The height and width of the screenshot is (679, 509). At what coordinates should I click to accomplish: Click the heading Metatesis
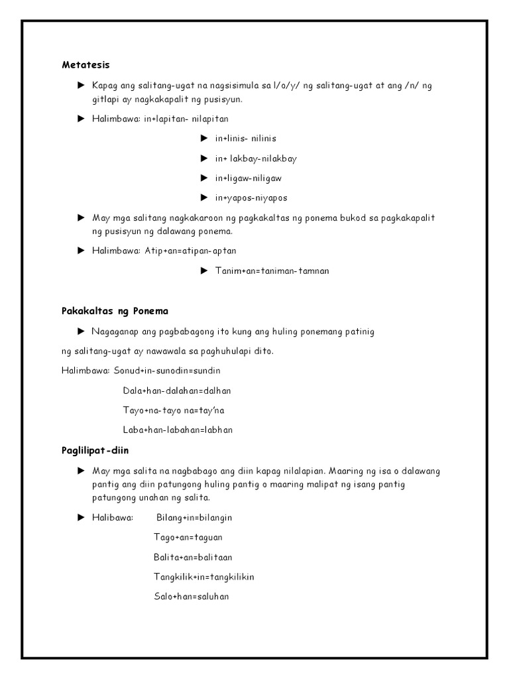(x=85, y=65)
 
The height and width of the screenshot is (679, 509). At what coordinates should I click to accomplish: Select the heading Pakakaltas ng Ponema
(x=115, y=310)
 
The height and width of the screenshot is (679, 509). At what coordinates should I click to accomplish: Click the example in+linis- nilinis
(x=245, y=139)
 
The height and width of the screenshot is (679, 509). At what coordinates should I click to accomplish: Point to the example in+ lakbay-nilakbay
(x=255, y=158)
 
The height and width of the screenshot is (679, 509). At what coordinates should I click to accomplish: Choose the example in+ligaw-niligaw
(x=251, y=178)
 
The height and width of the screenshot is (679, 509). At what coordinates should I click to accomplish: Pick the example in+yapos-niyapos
(x=251, y=198)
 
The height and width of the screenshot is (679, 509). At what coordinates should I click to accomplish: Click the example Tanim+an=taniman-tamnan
(x=272, y=271)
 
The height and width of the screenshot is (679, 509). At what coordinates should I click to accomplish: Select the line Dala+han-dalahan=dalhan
(x=177, y=391)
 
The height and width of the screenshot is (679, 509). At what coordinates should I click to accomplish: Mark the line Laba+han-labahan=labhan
(x=178, y=430)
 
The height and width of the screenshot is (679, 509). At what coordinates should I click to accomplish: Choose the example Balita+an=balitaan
(x=193, y=557)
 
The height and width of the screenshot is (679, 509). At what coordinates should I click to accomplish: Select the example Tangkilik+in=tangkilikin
(x=204, y=577)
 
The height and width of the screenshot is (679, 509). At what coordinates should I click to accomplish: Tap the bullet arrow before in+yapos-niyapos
(x=204, y=198)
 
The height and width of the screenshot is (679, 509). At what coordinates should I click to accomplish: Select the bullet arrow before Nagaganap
(x=81, y=330)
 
